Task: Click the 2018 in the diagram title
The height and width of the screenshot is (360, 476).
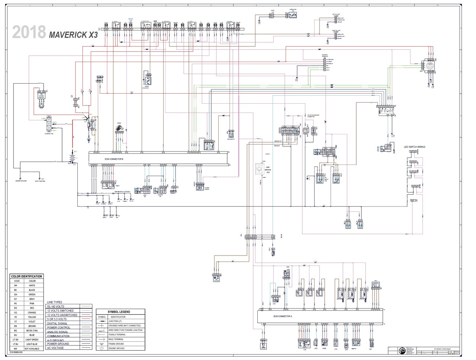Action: [29, 33]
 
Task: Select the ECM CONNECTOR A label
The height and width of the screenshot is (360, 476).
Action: [283, 316]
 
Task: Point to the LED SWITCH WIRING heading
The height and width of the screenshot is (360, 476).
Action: [414, 147]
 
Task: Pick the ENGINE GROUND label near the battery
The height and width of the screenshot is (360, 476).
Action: [21, 181]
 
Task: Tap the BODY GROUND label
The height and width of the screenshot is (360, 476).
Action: [40, 181]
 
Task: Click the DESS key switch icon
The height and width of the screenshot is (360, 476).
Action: [119, 129]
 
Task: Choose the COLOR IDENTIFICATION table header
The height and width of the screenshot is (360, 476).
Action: [26, 276]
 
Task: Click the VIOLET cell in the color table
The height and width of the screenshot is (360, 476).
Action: [32, 322]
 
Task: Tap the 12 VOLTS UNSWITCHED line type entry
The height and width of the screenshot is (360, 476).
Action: [62, 315]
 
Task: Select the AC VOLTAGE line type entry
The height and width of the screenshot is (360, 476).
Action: [55, 348]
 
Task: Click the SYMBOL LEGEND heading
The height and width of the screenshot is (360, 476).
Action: [119, 312]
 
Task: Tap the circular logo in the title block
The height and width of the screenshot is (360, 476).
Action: [402, 351]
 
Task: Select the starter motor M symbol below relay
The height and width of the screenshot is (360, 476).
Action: [89, 139]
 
